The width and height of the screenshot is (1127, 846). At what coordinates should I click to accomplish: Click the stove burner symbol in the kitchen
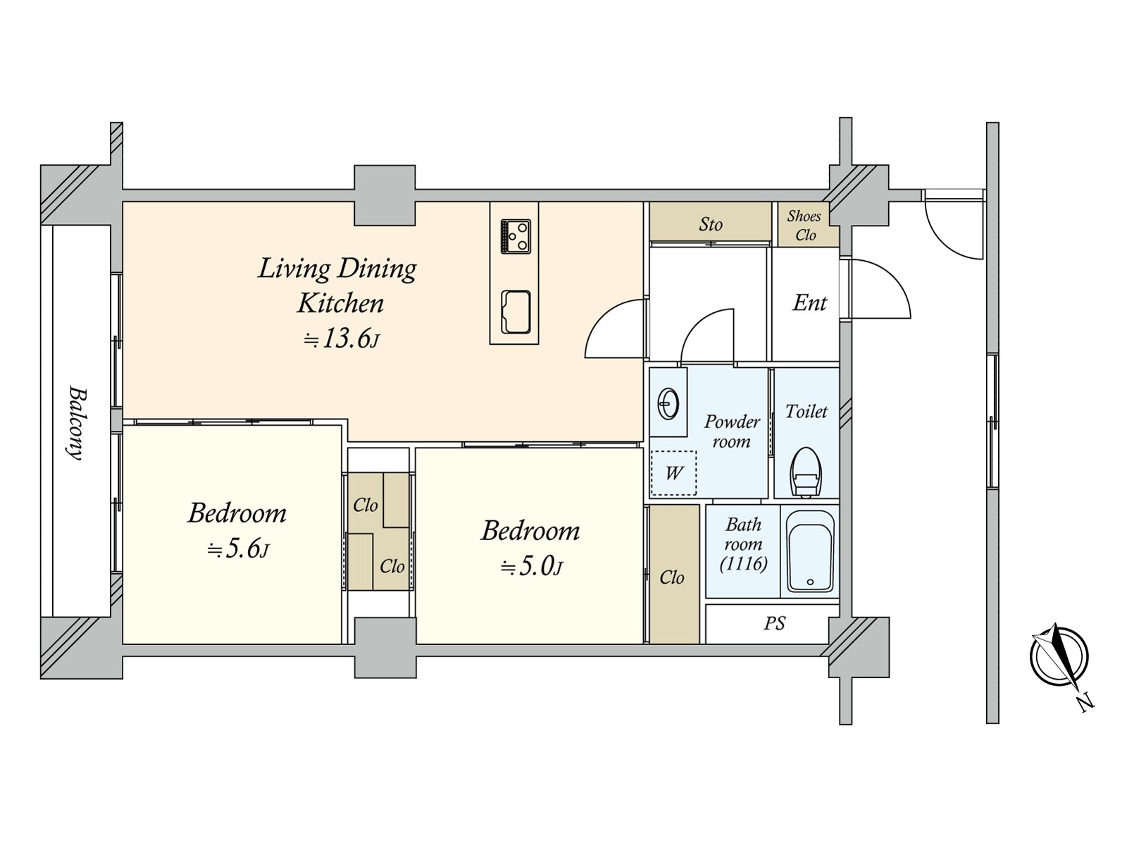515,236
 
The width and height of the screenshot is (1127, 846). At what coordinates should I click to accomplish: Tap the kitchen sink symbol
516,312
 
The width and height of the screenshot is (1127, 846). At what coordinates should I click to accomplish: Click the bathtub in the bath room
810,551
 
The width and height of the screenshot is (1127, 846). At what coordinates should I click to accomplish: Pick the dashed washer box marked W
673,473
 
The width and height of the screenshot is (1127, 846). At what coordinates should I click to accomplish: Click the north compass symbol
1060,657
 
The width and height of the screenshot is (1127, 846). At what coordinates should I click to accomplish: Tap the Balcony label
75,422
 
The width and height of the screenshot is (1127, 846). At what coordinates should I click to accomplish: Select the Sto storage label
711,224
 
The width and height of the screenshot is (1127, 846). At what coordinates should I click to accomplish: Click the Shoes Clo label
804,226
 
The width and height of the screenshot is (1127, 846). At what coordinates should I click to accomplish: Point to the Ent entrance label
809,303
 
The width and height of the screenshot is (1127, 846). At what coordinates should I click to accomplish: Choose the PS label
774,624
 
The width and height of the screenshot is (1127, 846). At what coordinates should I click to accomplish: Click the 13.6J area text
342,340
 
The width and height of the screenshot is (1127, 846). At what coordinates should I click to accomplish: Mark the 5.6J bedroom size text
237,548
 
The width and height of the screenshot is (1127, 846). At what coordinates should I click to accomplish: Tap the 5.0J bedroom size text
531,566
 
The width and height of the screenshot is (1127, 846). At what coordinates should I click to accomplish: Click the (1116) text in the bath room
743,563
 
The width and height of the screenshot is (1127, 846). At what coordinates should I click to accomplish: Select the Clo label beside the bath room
672,577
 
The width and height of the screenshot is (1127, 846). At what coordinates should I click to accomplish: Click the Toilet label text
807,411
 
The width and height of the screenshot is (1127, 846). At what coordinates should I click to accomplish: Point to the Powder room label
732,431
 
